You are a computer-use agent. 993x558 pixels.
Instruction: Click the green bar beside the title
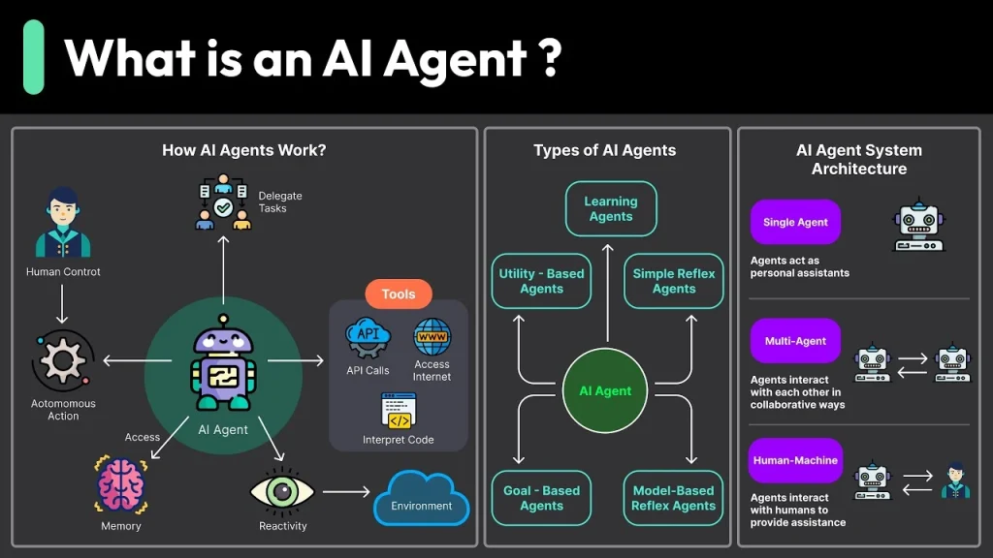34,57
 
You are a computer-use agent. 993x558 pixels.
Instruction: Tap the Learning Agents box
611,209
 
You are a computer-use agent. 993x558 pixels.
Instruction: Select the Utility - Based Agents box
541,281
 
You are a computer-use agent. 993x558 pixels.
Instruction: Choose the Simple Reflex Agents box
674,281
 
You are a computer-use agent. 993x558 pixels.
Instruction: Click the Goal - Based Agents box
541,498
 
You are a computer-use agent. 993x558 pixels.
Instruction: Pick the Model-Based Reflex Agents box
674,498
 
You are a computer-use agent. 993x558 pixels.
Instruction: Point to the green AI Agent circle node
605,391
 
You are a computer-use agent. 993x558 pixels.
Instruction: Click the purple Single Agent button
795,222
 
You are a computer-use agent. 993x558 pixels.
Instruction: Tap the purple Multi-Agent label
795,341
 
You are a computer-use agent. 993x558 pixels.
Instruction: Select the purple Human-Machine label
795,460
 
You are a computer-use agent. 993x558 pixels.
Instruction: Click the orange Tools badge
399,294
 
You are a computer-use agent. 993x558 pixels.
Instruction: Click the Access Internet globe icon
432,338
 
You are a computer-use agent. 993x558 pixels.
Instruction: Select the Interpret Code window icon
399,411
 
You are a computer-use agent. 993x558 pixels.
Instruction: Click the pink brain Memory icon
120,485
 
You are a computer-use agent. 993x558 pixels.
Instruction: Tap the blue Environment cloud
421,498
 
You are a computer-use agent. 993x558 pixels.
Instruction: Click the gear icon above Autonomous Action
63,362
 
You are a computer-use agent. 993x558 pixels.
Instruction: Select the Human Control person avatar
63,224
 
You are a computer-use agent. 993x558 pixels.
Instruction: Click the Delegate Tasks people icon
223,201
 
